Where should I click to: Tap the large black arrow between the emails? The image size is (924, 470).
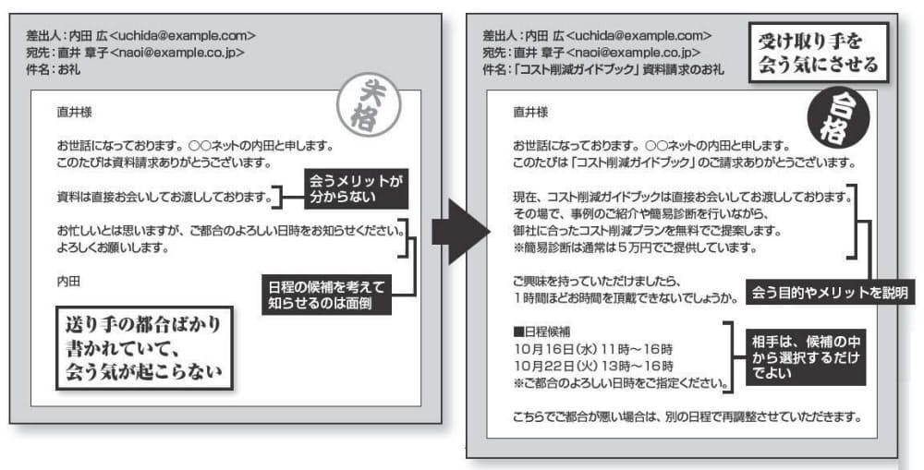pyautogui.click(x=460, y=232)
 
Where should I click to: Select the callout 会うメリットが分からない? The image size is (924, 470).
pyautogui.click(x=356, y=188)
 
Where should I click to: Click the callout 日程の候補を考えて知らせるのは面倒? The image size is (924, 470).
pyautogui.click(x=326, y=295)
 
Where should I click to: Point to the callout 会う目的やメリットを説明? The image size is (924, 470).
pyautogui.click(x=830, y=293)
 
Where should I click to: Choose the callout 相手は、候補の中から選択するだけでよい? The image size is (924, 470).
pyautogui.click(x=806, y=357)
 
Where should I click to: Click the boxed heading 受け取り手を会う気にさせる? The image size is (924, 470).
pyautogui.click(x=819, y=53)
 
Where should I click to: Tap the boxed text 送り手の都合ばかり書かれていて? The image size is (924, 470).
pyautogui.click(x=144, y=347)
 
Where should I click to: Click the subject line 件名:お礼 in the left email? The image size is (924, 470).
pyautogui.click(x=53, y=69)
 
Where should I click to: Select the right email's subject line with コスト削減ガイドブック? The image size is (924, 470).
pyautogui.click(x=602, y=69)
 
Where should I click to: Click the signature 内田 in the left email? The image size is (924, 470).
pyautogui.click(x=68, y=282)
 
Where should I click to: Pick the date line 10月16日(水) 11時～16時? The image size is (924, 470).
pyautogui.click(x=593, y=349)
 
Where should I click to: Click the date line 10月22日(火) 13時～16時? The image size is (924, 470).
pyautogui.click(x=593, y=367)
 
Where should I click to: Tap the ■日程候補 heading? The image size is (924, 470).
pyautogui.click(x=541, y=331)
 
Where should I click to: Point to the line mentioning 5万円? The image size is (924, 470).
pyautogui.click(x=636, y=248)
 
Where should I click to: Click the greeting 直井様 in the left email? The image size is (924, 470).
pyautogui.click(x=74, y=112)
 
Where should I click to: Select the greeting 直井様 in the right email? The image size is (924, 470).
pyautogui.click(x=530, y=112)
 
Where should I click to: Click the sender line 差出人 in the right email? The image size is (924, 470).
pyautogui.click(x=597, y=35)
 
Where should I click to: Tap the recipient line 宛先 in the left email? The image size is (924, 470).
pyautogui.click(x=135, y=53)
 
